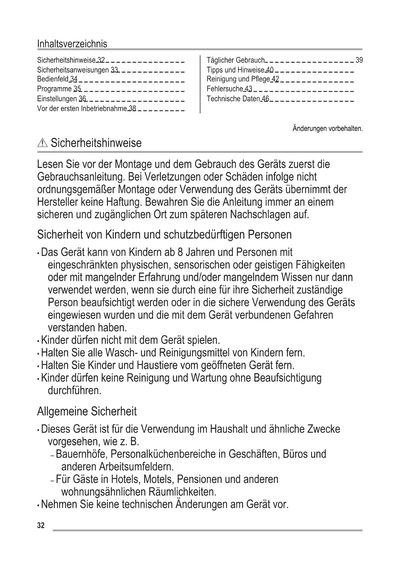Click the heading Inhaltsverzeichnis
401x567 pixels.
pos(72,44)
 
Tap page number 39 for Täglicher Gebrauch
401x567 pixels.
pos(359,60)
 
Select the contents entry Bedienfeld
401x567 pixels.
pos(53,79)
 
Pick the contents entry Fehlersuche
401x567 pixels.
pos(225,89)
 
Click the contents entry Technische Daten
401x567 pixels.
pos(233,99)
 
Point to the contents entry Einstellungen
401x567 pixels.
pos(57,99)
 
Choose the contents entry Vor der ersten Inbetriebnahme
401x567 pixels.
pos(82,109)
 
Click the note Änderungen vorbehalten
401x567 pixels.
pos(328,129)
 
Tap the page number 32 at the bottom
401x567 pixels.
pos(41,525)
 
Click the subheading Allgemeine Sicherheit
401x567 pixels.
pos(87,412)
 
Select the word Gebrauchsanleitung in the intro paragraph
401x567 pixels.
pos(80,177)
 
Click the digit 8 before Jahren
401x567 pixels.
pos(180,252)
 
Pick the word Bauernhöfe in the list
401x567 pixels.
pos(82,454)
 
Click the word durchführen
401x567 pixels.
pos(74,390)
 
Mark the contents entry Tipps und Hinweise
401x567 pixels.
pos(235,70)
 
